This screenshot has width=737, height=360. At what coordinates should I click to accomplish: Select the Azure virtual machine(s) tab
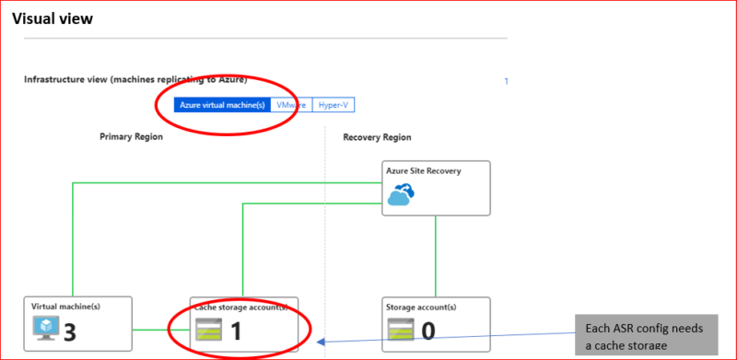pyautogui.click(x=222, y=105)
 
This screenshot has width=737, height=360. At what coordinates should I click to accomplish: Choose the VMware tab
pyautogui.click(x=291, y=105)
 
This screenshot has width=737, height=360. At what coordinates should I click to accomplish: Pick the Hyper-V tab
pyautogui.click(x=333, y=105)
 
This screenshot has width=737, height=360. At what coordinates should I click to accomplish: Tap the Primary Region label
pyautogui.click(x=131, y=137)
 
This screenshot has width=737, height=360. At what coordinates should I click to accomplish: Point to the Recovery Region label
pyautogui.click(x=377, y=137)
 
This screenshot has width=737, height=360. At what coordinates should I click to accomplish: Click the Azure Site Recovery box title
pyautogui.click(x=425, y=171)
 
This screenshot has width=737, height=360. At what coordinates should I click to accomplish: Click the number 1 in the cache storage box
pyautogui.click(x=237, y=330)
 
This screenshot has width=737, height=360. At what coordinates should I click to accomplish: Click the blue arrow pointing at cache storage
pyautogui.click(x=442, y=343)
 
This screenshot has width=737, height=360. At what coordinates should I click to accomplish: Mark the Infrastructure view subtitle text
pyautogui.click(x=135, y=79)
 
